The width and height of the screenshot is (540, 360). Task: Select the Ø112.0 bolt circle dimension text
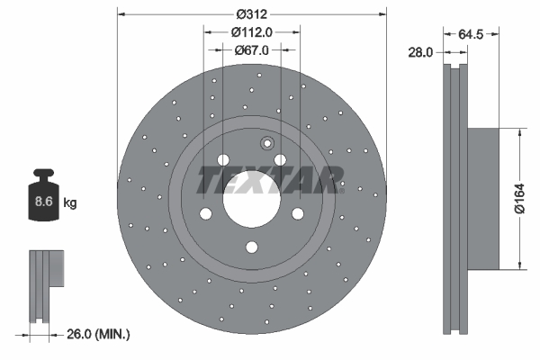tap(252, 31)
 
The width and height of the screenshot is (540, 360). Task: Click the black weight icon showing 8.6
tap(43, 199)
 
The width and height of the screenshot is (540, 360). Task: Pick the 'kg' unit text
tap(70, 203)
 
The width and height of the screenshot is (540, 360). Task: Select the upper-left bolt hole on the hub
tap(222, 160)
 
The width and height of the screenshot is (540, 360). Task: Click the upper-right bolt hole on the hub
tap(281, 160)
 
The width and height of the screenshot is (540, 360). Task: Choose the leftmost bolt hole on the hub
tap(204, 214)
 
